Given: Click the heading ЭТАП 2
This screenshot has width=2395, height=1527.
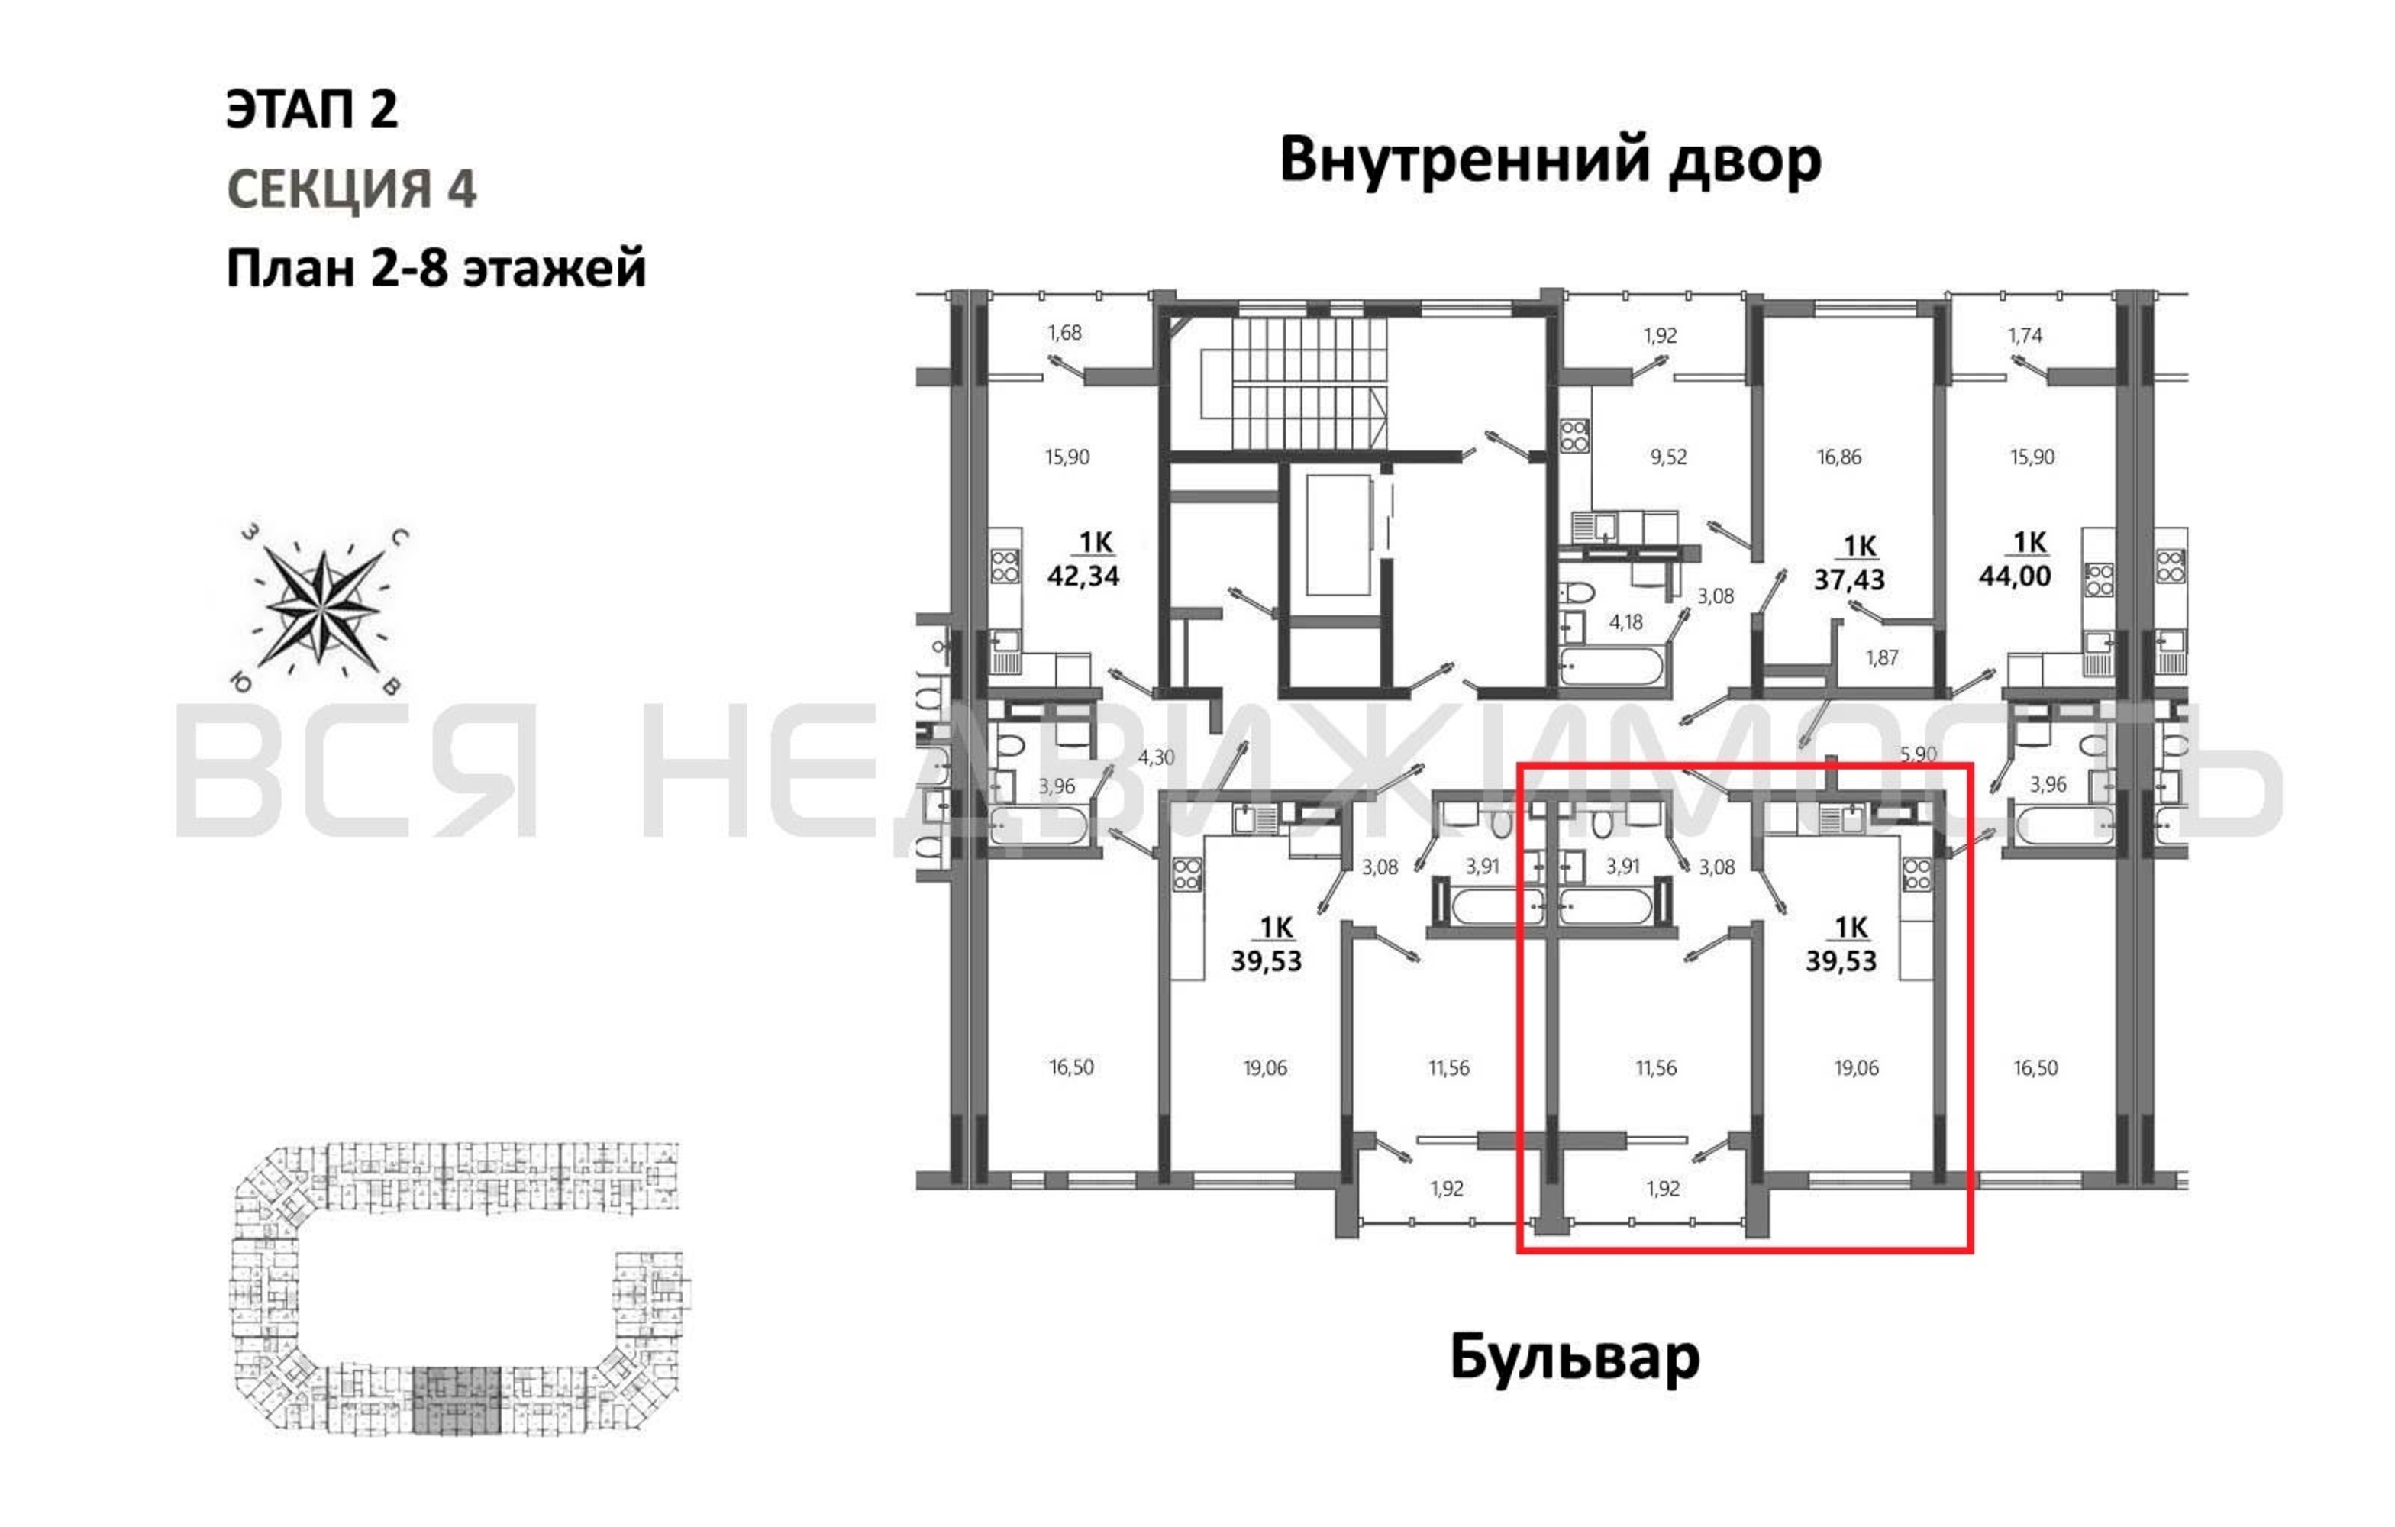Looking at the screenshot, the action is click(312, 108).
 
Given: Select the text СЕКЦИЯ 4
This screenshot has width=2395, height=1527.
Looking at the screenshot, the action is click(352, 189).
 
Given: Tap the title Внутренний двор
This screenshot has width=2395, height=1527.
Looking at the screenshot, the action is click(1550, 160).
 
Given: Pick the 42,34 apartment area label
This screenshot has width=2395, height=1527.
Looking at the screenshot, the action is click(1083, 576).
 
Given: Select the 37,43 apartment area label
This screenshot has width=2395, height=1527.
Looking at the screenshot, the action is click(1849, 580).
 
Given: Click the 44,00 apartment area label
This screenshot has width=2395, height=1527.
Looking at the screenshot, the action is click(2015, 576).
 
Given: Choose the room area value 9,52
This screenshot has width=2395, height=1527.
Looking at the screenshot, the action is click(1669, 457).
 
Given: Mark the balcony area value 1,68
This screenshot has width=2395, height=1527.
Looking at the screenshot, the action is click(1064, 333).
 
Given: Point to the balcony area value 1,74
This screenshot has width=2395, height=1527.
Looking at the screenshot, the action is click(2025, 335).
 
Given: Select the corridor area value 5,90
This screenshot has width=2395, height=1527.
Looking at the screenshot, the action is click(1919, 755).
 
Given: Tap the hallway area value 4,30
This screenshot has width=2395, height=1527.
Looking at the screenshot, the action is click(1156, 758).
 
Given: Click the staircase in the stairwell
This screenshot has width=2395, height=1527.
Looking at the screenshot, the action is click(1293, 383).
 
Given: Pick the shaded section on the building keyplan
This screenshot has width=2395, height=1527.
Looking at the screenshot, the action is click(457, 1401).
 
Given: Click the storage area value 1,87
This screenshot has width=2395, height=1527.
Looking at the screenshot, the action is click(1882, 657).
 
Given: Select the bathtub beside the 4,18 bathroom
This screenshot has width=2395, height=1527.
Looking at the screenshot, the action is click(1611, 667).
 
